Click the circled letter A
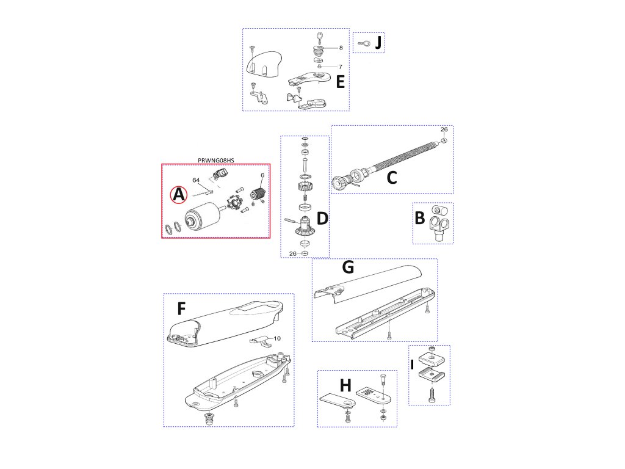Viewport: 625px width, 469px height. pos(179,195)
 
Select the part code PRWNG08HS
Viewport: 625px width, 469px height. pos(216,161)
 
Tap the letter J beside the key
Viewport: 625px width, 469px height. pos(378,43)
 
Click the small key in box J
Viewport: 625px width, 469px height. pos(364,43)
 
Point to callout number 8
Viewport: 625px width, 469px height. pos(341,48)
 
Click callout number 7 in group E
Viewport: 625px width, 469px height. pos(341,67)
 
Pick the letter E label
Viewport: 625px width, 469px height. pos(341,82)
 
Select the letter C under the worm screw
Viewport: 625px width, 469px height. pos(392,178)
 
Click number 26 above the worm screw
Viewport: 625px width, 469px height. pos(444,129)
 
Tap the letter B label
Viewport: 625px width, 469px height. pos(420,218)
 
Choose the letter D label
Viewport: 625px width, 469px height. pos(322,219)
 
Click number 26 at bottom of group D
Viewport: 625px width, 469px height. pos(293,253)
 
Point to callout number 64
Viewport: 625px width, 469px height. pos(196,180)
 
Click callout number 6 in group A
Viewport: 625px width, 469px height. pos(262,175)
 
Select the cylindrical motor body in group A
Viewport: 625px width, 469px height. pos(202,216)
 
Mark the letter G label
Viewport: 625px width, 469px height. pos(348,267)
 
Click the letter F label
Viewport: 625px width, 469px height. pos(181,308)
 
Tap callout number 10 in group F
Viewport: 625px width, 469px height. pos(277,338)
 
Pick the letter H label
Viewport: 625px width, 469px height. pos(345,386)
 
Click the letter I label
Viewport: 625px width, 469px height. pos(412,365)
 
